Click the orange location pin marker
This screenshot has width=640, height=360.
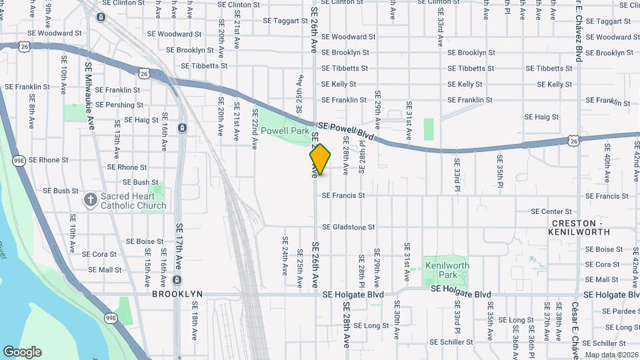click(x=320, y=159)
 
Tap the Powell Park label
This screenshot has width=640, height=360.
click(x=285, y=131)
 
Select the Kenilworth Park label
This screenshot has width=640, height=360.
click(x=447, y=270)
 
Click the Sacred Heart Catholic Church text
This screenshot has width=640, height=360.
click(x=133, y=201)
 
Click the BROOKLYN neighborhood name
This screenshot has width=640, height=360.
click(x=177, y=294)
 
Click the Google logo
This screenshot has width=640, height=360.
click(x=22, y=352)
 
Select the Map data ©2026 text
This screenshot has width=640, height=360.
click(x=611, y=355)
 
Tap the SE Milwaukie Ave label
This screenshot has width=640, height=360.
click(x=89, y=91)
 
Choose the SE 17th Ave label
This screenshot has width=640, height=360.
click(x=179, y=247)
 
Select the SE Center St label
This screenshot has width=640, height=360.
click(x=551, y=211)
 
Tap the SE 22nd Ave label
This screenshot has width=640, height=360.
click(x=255, y=129)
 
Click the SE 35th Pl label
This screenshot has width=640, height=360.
click(x=499, y=169)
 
